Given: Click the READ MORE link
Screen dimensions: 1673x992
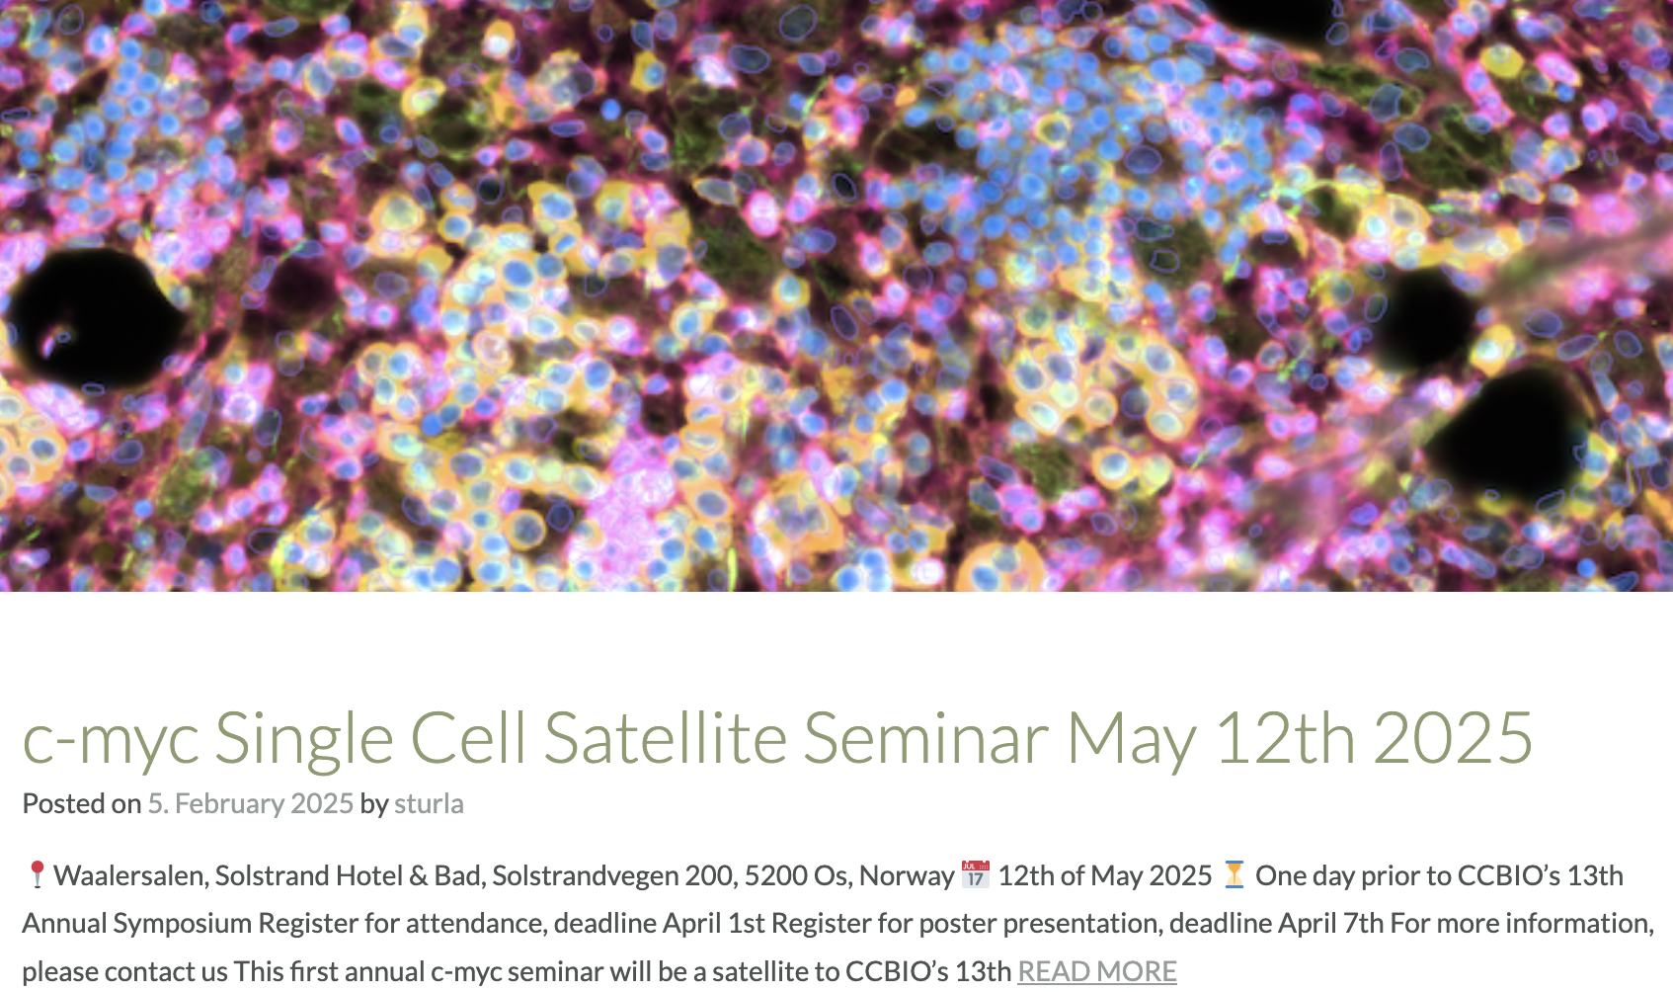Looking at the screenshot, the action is [x=1096, y=971].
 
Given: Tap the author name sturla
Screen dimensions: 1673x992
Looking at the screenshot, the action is [x=429, y=803].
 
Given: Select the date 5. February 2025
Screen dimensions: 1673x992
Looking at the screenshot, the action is [x=250, y=803].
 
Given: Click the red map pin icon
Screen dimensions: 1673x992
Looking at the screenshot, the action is [x=36, y=874].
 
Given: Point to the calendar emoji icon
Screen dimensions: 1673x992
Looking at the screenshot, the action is [x=975, y=874].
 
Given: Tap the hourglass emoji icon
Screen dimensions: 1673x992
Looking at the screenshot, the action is [x=1234, y=874].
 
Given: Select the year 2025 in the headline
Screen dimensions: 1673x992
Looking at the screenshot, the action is [x=1453, y=737].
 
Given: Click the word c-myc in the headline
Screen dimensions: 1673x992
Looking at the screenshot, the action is [x=111, y=743].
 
